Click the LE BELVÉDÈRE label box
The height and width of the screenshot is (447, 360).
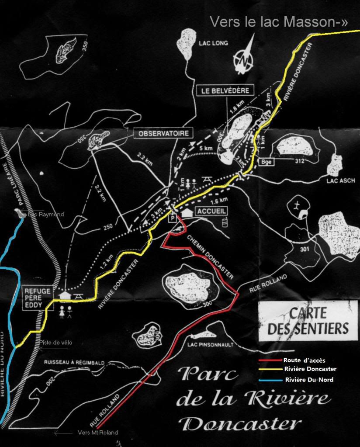pyautogui.click(x=225, y=90)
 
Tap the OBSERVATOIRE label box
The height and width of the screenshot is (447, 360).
pyautogui.click(x=163, y=133)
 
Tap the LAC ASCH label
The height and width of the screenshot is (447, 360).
pyautogui.click(x=340, y=180)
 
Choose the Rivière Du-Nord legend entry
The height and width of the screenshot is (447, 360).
pyautogui.click(x=309, y=379)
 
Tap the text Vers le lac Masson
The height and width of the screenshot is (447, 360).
pyautogui.click(x=278, y=22)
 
